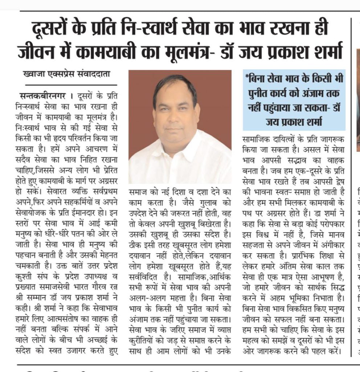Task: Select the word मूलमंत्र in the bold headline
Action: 230,52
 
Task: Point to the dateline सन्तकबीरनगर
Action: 43,96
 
